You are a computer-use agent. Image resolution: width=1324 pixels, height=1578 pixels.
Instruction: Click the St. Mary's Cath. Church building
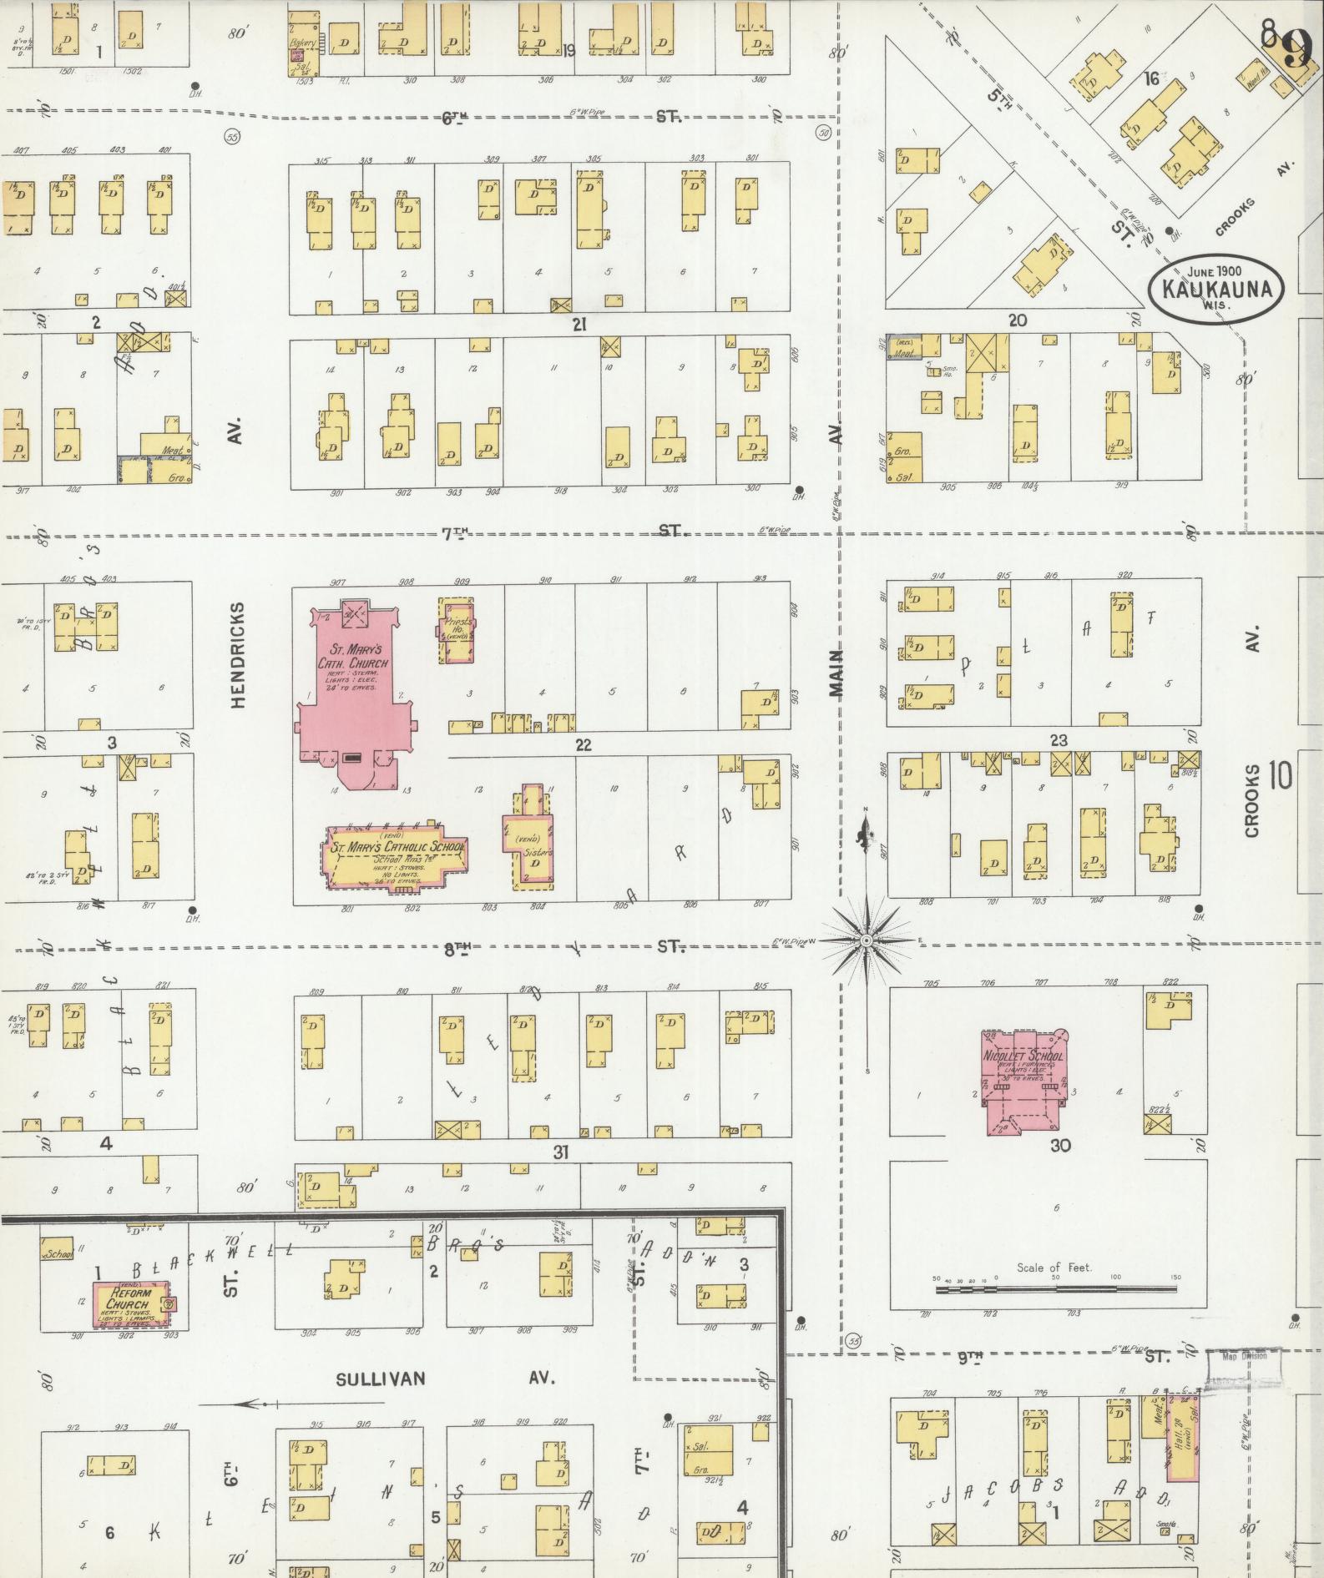[x=351, y=684]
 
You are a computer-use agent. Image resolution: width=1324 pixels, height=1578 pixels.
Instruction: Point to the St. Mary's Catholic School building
[x=394, y=860]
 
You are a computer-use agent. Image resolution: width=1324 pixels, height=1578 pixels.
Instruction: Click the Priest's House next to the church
[x=457, y=631]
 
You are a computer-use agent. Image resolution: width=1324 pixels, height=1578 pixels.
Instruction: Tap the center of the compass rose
[x=867, y=940]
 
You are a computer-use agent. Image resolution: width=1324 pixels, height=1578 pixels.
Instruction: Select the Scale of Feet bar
[x=1056, y=1290]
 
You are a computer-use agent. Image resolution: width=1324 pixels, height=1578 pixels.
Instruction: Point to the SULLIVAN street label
[x=380, y=1379]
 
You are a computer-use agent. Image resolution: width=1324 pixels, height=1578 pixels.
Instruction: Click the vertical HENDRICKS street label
[x=238, y=655]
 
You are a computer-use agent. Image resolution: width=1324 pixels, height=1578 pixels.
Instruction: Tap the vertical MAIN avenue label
[x=836, y=673]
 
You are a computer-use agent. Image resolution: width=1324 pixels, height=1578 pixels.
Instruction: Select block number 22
[x=583, y=744]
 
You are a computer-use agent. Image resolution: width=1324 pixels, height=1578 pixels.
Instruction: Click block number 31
[x=561, y=1152]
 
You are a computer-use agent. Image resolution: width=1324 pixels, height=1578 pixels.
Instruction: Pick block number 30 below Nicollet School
[x=1060, y=1146]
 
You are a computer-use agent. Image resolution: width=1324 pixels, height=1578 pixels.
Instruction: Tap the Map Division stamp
[x=1243, y=1355]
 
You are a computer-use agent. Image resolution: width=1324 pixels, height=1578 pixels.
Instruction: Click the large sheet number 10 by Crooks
[x=1280, y=776]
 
